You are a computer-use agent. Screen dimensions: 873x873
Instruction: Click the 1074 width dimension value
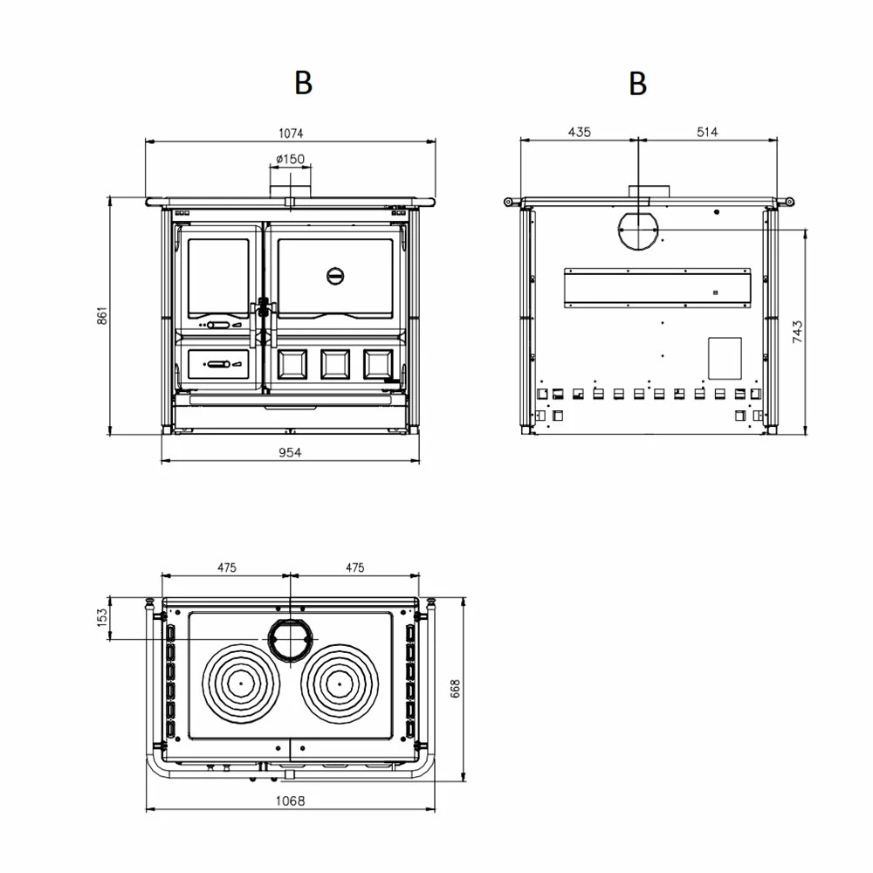coord(290,133)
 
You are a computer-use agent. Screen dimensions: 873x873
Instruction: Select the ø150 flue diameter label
coord(289,158)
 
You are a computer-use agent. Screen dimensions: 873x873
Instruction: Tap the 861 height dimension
coord(101,315)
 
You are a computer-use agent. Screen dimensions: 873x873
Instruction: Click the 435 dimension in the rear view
coord(579,132)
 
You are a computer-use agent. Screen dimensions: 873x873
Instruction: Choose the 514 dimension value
coord(707,132)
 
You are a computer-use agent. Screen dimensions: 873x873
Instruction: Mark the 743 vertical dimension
coord(797,331)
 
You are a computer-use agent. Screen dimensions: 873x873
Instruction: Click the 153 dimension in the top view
coord(101,617)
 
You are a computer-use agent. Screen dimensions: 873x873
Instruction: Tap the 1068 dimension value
coord(290,801)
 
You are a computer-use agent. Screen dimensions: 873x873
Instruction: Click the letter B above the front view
coord(303,83)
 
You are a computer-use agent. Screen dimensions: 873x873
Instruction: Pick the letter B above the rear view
coord(638,84)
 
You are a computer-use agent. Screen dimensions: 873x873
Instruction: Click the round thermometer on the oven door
coord(335,276)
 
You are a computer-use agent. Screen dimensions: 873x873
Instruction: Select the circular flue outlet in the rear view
coord(638,229)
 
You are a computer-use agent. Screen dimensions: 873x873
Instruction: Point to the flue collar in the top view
coord(289,638)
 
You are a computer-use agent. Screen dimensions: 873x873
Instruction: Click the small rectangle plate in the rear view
coord(724,358)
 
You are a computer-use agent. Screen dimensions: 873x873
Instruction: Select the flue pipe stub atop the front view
coord(289,186)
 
